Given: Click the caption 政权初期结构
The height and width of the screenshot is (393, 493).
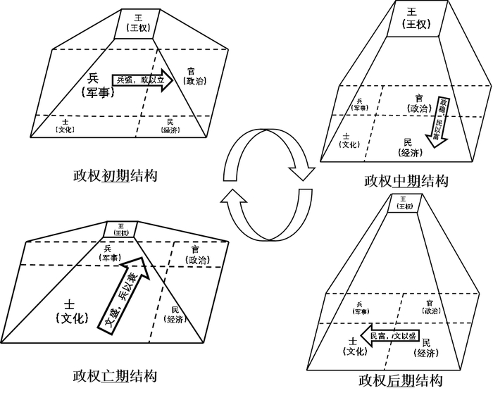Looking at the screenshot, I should [x=114, y=174].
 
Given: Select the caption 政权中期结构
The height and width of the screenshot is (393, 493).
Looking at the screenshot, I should [x=406, y=180].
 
